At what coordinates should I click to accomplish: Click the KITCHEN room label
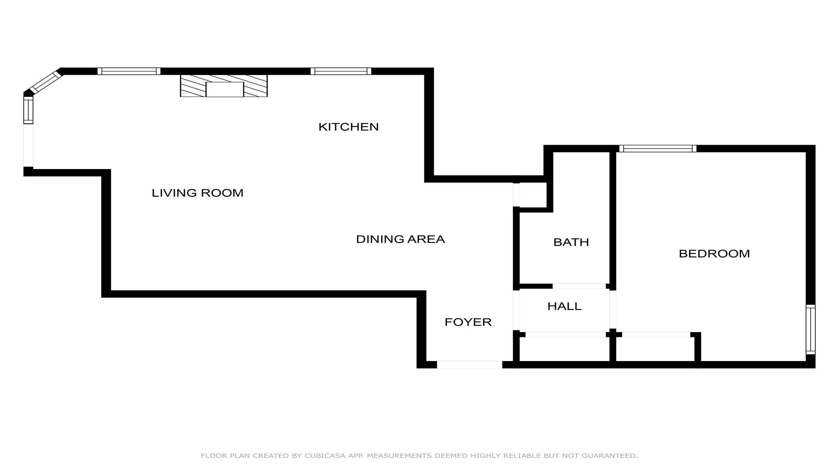[x=348, y=127]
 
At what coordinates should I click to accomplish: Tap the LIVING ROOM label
[x=198, y=193]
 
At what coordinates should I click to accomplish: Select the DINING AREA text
[x=400, y=239]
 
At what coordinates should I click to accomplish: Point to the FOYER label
[x=468, y=322]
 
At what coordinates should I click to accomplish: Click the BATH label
[x=571, y=242]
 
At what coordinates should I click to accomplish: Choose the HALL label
[x=565, y=306]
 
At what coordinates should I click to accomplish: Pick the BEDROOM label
[x=714, y=253]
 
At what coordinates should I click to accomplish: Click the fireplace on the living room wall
[x=224, y=86]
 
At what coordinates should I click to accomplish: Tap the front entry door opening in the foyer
[x=469, y=364]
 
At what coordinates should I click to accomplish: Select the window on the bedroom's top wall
[x=658, y=149]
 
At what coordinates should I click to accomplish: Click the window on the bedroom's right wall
[x=811, y=329]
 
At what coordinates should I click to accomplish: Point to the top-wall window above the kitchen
[x=341, y=71]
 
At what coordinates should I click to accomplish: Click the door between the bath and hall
[x=579, y=286]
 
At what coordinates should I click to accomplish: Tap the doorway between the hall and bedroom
[x=613, y=309]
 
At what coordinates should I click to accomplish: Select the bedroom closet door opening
[x=656, y=335]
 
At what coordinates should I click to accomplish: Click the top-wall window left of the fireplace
[x=129, y=71]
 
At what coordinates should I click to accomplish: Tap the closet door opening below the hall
[x=565, y=335]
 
